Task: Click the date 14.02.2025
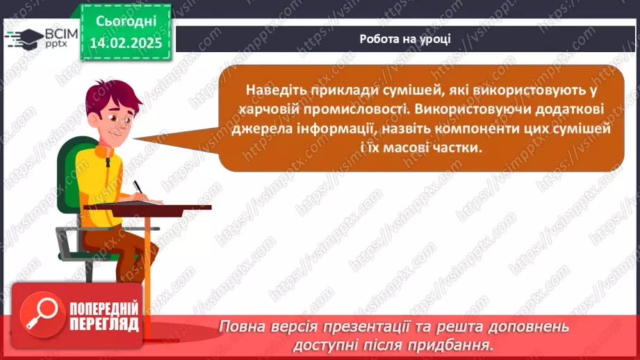tap(126, 43)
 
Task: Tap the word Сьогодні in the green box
tap(126, 22)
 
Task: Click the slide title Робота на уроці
tap(405, 39)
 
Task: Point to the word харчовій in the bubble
tap(268, 109)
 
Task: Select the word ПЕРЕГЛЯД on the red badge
tap(104, 325)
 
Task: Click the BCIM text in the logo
tap(61, 34)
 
